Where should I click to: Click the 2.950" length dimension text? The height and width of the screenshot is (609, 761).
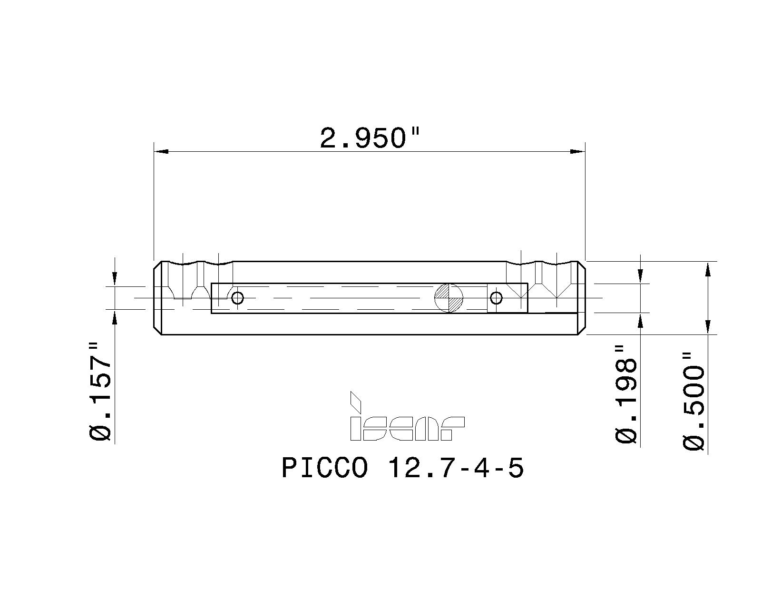(x=370, y=138)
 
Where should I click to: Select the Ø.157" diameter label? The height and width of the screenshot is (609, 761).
(x=101, y=391)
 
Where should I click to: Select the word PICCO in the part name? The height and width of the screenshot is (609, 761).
(x=324, y=468)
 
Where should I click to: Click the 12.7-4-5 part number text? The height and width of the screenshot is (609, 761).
(x=456, y=468)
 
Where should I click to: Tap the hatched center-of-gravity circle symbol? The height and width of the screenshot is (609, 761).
(x=449, y=298)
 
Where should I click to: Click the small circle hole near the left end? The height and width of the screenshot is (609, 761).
(x=237, y=298)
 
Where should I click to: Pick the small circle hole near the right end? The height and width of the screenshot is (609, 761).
(x=496, y=298)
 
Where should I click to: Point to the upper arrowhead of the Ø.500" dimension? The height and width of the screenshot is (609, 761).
(x=708, y=269)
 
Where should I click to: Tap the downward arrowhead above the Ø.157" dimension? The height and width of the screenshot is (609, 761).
(x=115, y=279)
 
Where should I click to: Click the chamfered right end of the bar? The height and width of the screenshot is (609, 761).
(x=581, y=298)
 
